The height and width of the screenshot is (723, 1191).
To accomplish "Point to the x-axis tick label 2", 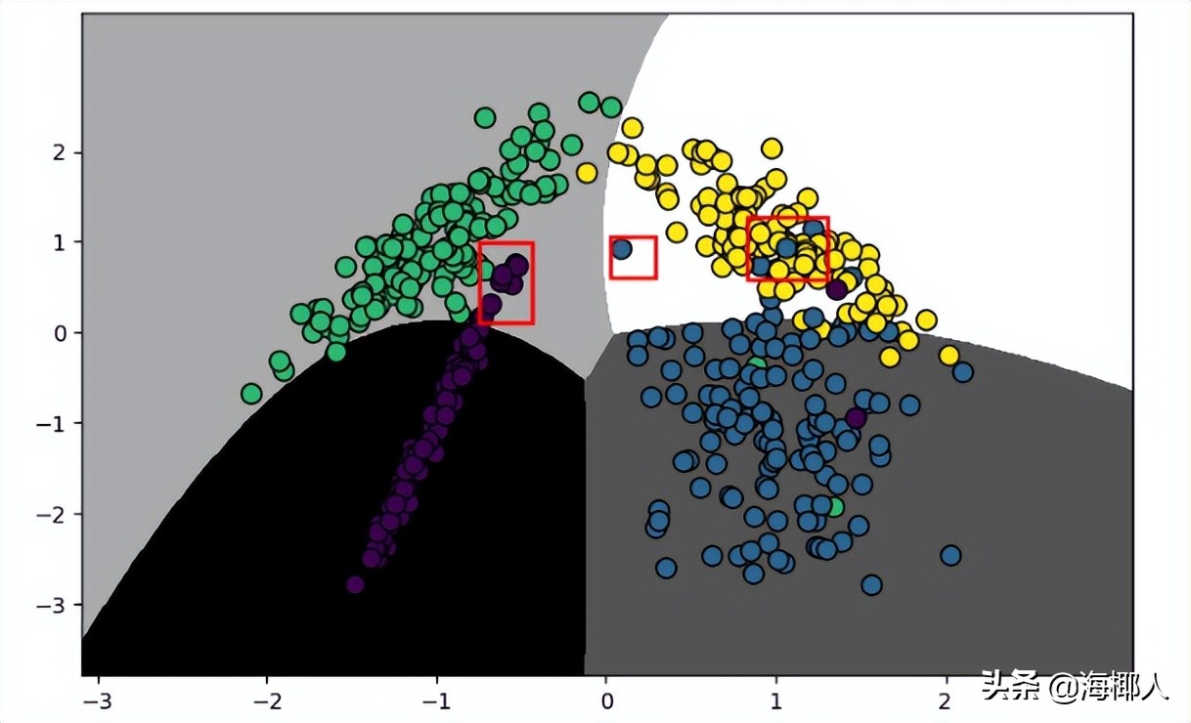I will (x=945, y=702).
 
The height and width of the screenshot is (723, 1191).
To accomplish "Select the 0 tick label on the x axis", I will (x=606, y=702).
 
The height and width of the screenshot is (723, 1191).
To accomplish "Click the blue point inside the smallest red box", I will (x=621, y=249).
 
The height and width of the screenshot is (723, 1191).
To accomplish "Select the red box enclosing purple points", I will (x=506, y=282).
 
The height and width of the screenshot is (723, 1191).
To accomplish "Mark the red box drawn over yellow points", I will (x=787, y=248).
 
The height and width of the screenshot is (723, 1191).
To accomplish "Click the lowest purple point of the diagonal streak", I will (x=355, y=584).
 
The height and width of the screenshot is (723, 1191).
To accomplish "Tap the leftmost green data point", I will (x=251, y=393).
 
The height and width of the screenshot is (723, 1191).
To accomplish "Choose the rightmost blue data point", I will (x=963, y=372).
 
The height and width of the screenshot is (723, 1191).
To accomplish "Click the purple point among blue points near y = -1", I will (x=856, y=418).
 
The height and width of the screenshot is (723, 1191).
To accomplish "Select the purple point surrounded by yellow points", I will (x=836, y=289).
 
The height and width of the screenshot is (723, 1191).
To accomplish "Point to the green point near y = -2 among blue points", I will (x=834, y=507).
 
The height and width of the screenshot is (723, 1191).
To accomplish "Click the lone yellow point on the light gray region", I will (x=587, y=173).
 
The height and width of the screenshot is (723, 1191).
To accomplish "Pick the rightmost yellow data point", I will (x=948, y=355).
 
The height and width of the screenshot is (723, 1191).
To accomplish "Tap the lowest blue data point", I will (x=871, y=585).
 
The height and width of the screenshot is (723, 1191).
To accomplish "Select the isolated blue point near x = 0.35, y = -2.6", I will (x=666, y=568).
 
